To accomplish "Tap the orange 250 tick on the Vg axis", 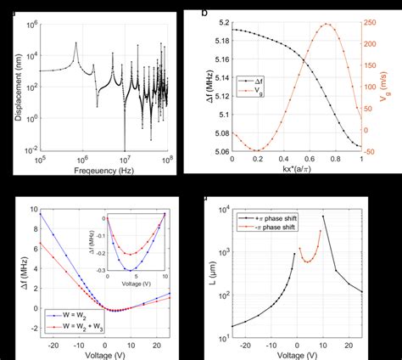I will [371, 22].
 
